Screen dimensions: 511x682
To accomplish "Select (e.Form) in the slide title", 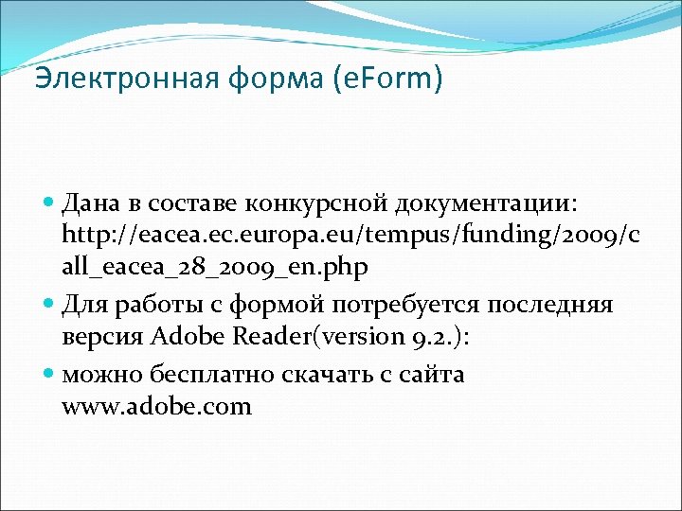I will tap(388, 79).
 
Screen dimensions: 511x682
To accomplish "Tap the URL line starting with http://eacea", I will tap(350, 235).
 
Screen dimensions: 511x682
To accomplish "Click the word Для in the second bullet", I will tap(84, 305).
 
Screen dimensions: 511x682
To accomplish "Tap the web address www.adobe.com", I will tap(156, 408).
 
